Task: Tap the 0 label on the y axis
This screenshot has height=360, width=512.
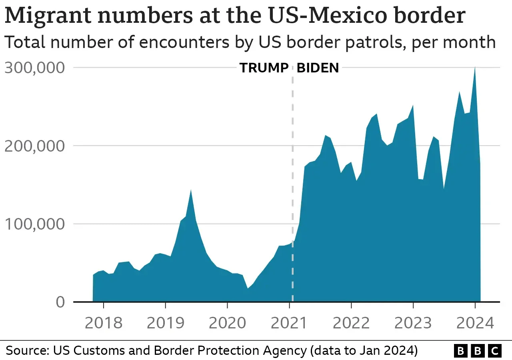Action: coord(60,302)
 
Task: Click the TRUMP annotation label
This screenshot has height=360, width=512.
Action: coord(264,68)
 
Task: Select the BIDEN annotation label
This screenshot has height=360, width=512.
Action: coord(318,68)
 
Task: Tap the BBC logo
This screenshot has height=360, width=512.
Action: coord(478,351)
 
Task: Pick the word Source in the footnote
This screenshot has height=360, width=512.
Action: coord(26,351)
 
